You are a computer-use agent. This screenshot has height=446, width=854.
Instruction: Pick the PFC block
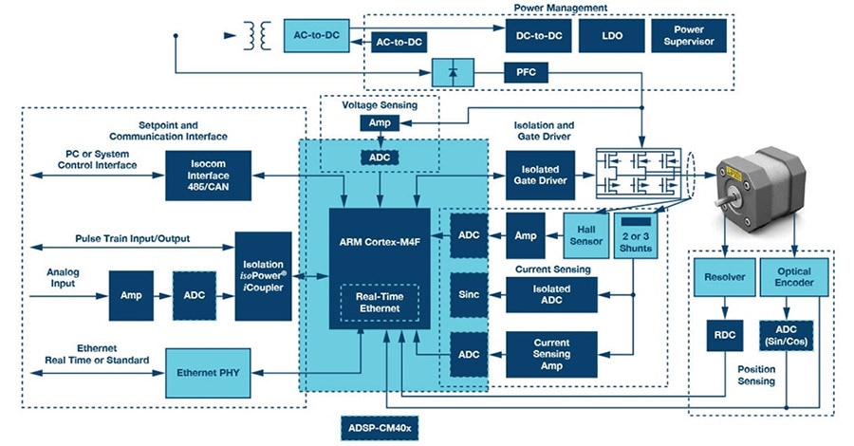tap(526, 72)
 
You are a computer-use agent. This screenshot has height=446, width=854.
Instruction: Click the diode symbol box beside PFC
tap(453, 72)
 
